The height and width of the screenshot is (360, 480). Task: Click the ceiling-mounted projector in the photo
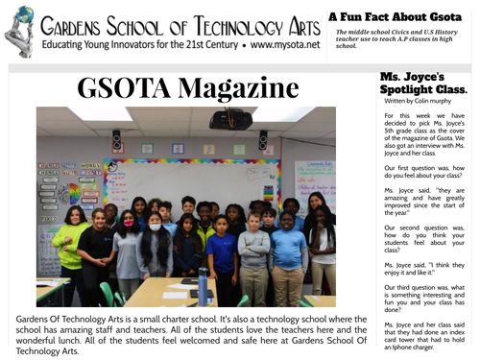[x=230, y=118]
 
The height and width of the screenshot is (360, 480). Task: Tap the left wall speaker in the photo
[x=116, y=139]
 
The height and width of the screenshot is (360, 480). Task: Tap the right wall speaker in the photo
[x=262, y=139]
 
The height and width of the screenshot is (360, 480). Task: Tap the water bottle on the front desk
[x=203, y=285]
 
